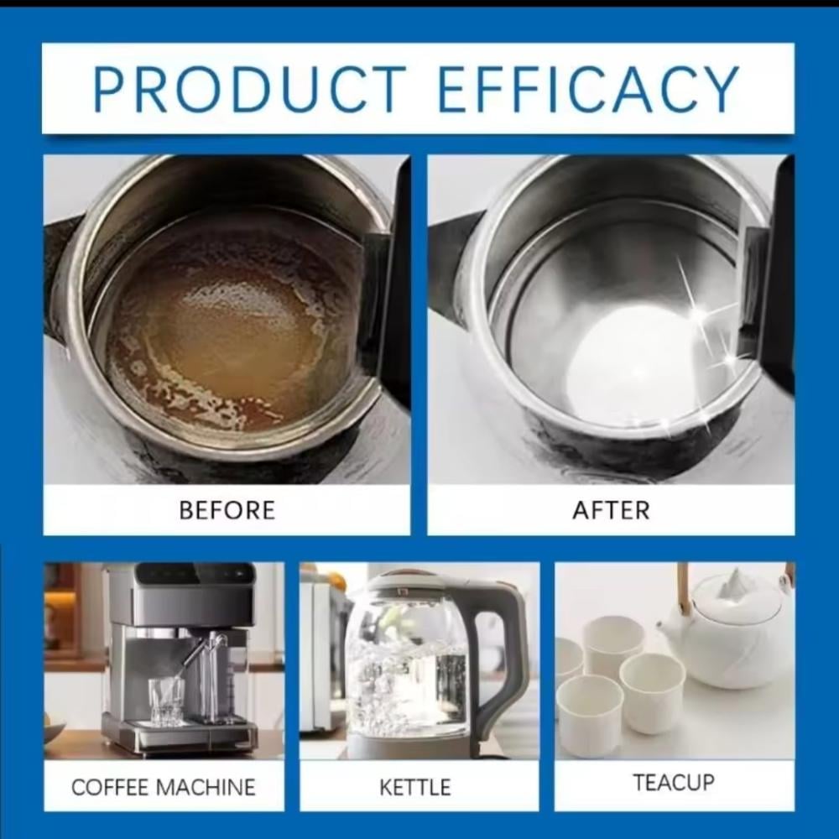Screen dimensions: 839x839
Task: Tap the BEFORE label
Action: tap(227, 510)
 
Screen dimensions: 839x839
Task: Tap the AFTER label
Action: tap(611, 510)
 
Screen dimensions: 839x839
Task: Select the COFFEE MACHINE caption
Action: tap(164, 787)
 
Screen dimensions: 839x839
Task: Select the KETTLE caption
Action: tap(415, 787)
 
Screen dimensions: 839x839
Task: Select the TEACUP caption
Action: tap(674, 782)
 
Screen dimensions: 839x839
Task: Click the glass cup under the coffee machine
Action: tap(166, 701)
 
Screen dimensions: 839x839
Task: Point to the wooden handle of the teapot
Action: tap(683, 589)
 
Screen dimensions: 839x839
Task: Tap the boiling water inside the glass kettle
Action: tap(407, 690)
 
